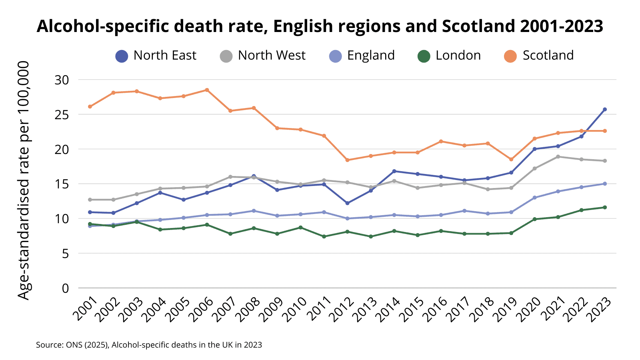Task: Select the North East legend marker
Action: [122, 56]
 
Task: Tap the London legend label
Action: [458, 56]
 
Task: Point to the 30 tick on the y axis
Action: [62, 80]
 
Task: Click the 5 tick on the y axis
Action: [65, 254]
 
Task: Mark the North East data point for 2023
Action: [605, 109]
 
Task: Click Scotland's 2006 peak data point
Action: [207, 90]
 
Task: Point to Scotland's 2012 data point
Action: [347, 160]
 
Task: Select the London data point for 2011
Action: [324, 236]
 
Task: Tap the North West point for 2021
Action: [558, 157]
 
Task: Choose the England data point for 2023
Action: [605, 184]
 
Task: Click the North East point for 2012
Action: [347, 203]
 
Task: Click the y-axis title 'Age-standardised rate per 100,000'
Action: [24, 180]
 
